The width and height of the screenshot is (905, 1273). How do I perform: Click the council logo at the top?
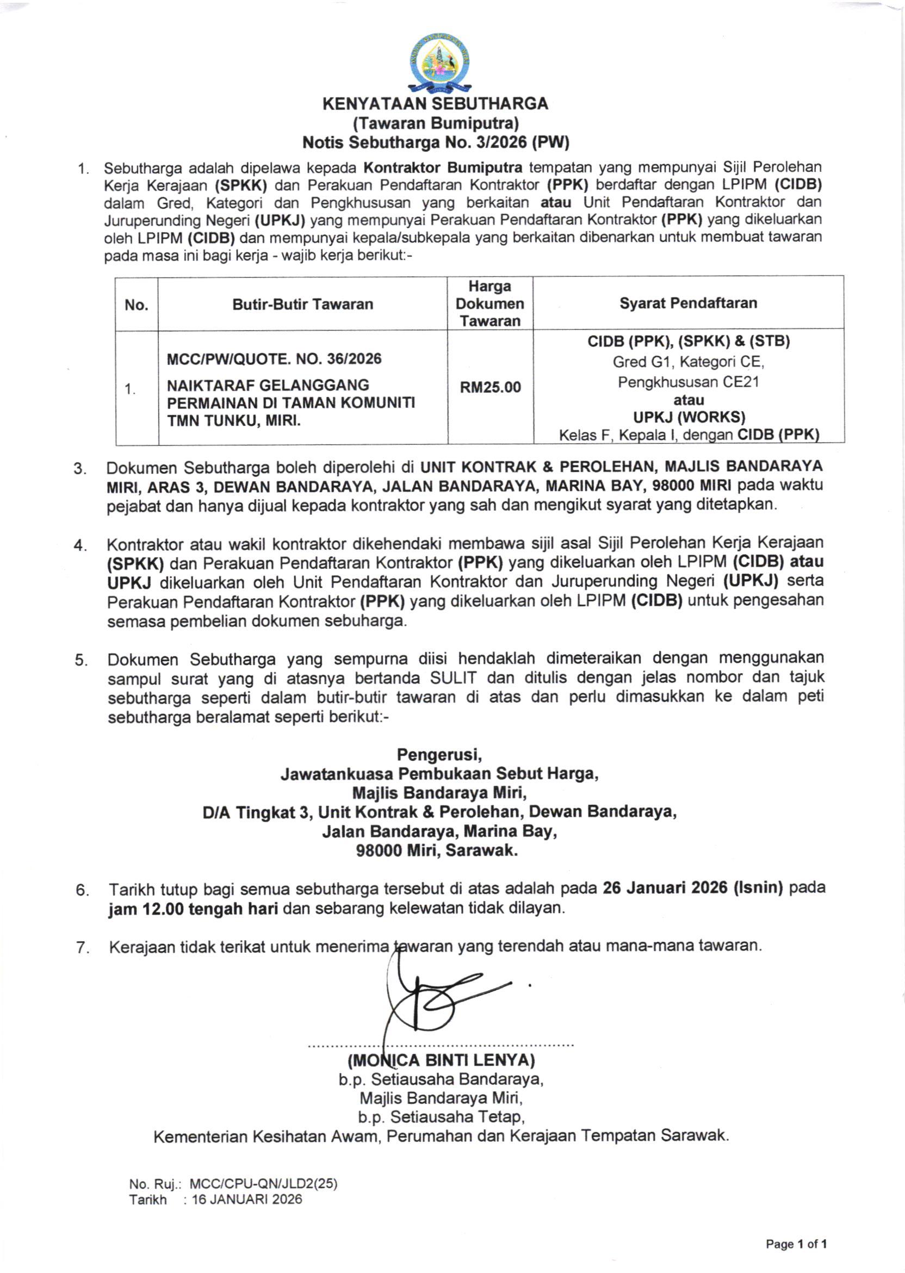439,63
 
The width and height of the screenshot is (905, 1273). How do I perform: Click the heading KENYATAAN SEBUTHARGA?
436,104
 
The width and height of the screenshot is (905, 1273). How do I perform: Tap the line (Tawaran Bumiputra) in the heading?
436,122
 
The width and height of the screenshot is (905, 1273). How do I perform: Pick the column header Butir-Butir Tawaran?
302,304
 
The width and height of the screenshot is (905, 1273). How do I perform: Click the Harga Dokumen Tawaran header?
490,303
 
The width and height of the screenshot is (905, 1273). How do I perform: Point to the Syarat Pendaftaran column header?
688,303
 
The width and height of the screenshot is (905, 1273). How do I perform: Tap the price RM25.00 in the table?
490,387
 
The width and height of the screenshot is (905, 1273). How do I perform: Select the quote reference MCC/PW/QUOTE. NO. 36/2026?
274,359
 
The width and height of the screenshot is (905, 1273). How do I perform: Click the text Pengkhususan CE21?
688,382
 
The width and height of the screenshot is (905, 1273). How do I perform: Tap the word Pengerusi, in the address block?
439,755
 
